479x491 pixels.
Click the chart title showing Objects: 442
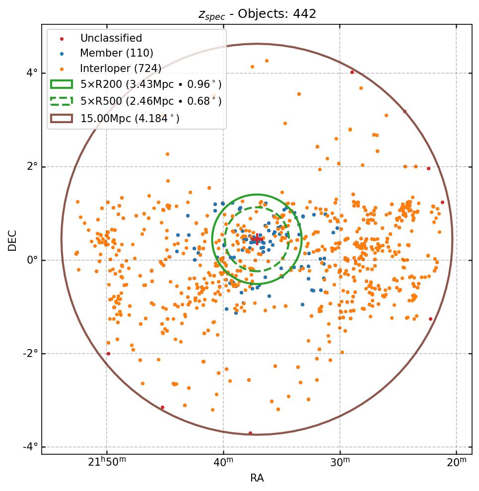point(257,14)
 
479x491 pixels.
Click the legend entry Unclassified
point(111,38)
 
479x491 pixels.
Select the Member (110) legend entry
point(117,53)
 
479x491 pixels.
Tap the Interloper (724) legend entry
point(121,69)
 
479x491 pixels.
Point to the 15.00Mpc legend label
point(130,119)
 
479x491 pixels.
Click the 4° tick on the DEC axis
point(32,73)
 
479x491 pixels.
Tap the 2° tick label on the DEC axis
point(32,166)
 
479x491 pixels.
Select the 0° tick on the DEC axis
point(32,260)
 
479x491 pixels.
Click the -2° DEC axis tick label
point(31,353)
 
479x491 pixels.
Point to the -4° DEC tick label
point(31,447)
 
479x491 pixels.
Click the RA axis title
point(257,478)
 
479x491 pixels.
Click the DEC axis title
point(12,240)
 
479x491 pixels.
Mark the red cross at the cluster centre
point(257,239)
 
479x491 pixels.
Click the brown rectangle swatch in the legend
point(62,119)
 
